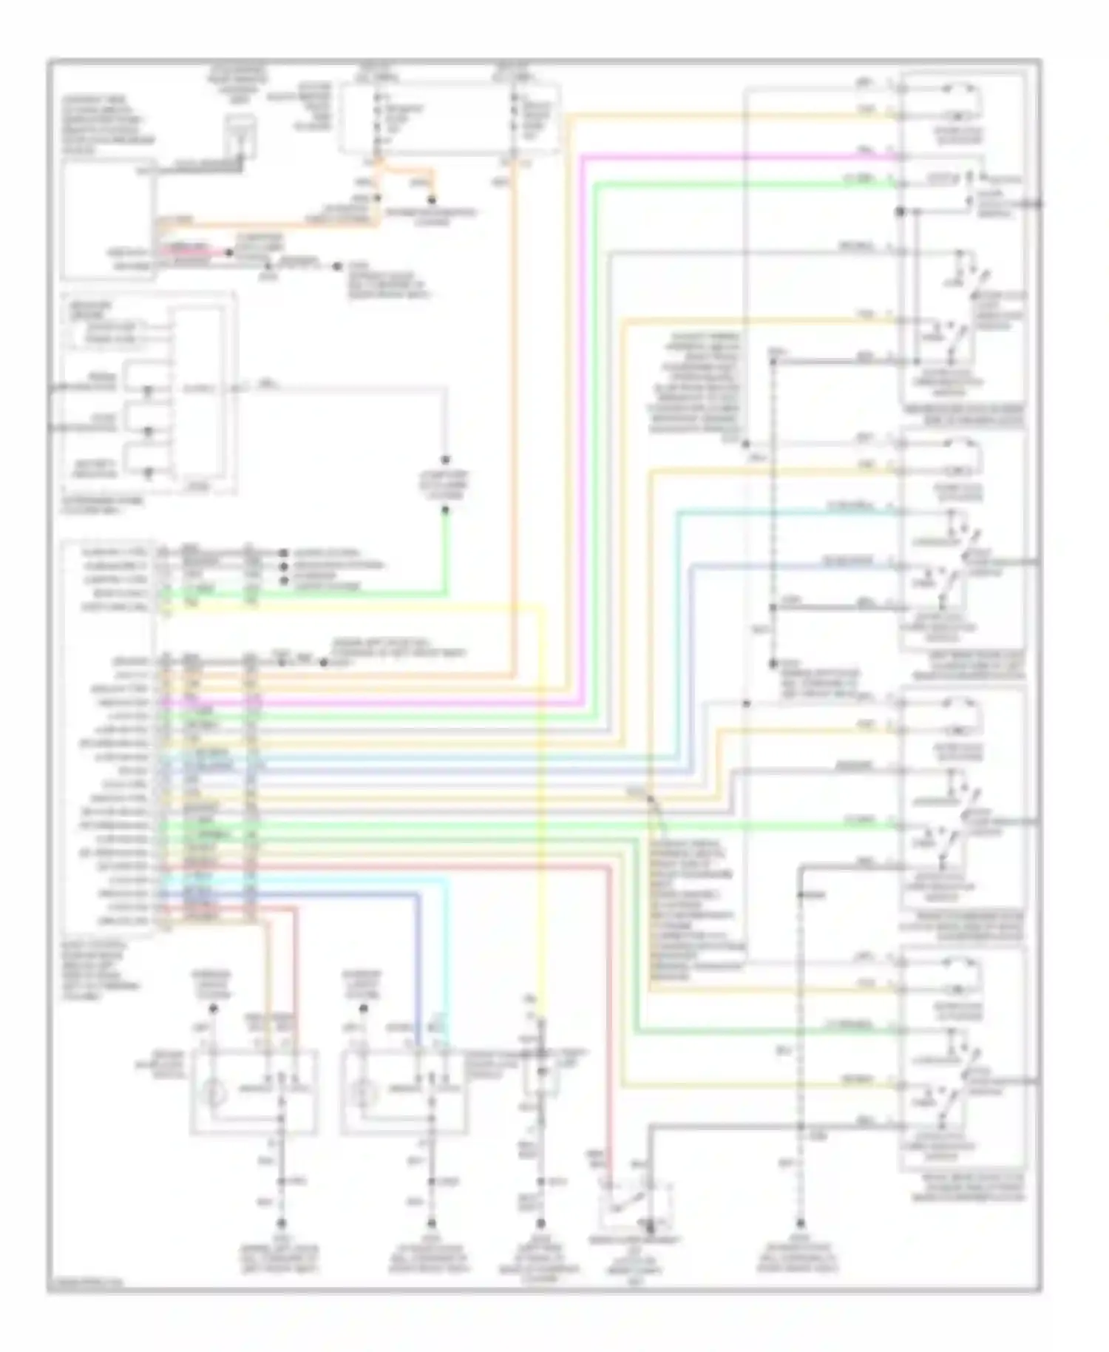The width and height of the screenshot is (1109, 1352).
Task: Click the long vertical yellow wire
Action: [542, 814]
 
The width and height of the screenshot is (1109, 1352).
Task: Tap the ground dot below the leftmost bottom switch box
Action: [281, 1225]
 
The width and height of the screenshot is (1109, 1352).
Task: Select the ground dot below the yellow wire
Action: [540, 1225]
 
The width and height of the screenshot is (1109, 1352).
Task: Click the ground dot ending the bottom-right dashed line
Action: [800, 1225]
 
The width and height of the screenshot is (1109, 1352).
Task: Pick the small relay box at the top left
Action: [240, 136]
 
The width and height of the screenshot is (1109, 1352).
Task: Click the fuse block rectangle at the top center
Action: [448, 118]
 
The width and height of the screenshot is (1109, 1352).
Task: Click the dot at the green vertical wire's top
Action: [446, 510]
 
